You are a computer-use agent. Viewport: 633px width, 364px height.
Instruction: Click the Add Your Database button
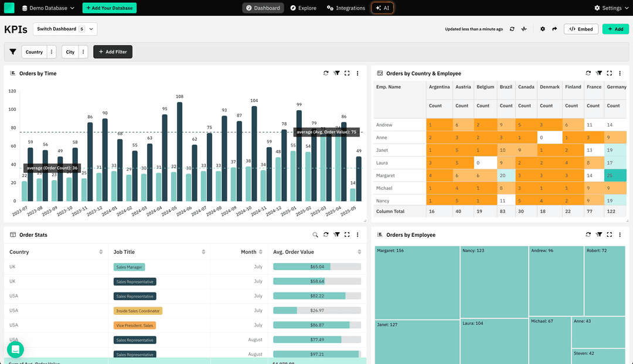tap(110, 8)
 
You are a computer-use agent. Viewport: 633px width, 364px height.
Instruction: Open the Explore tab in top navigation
tap(303, 8)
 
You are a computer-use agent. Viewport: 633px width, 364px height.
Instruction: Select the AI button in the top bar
tap(383, 8)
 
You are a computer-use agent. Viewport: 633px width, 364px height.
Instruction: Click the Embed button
tap(581, 29)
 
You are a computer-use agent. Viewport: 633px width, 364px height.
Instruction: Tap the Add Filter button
tap(113, 52)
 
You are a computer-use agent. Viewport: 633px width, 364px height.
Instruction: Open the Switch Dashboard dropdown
tap(65, 29)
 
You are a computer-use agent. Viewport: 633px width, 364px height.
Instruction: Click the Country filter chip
tap(34, 52)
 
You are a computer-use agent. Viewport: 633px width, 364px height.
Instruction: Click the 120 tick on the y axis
tap(12, 91)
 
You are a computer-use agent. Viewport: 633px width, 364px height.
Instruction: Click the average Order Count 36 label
tap(52, 168)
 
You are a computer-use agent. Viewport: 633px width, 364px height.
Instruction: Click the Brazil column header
tap(506, 87)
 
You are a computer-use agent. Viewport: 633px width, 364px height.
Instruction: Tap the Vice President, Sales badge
tap(134, 325)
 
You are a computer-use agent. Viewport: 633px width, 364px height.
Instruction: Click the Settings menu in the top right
tap(608, 8)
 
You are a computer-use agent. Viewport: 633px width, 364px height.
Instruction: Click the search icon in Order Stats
tap(315, 235)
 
